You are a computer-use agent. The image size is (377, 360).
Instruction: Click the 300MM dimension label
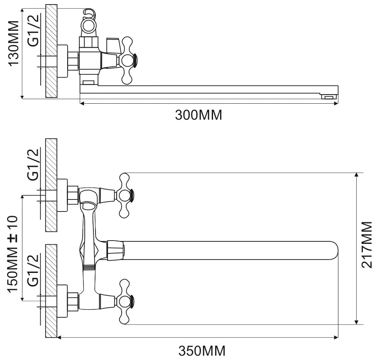pos(198,115)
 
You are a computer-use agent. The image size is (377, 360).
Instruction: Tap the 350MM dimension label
pos(202,351)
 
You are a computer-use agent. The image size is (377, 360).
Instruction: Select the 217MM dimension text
pos(367,245)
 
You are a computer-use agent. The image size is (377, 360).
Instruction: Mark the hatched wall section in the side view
pos(51,51)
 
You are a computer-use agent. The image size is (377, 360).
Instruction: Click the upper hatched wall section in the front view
pos(51,185)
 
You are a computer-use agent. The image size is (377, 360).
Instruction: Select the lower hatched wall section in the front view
pos(51,290)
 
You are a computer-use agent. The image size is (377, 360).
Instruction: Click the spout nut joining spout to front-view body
pos(116,250)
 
